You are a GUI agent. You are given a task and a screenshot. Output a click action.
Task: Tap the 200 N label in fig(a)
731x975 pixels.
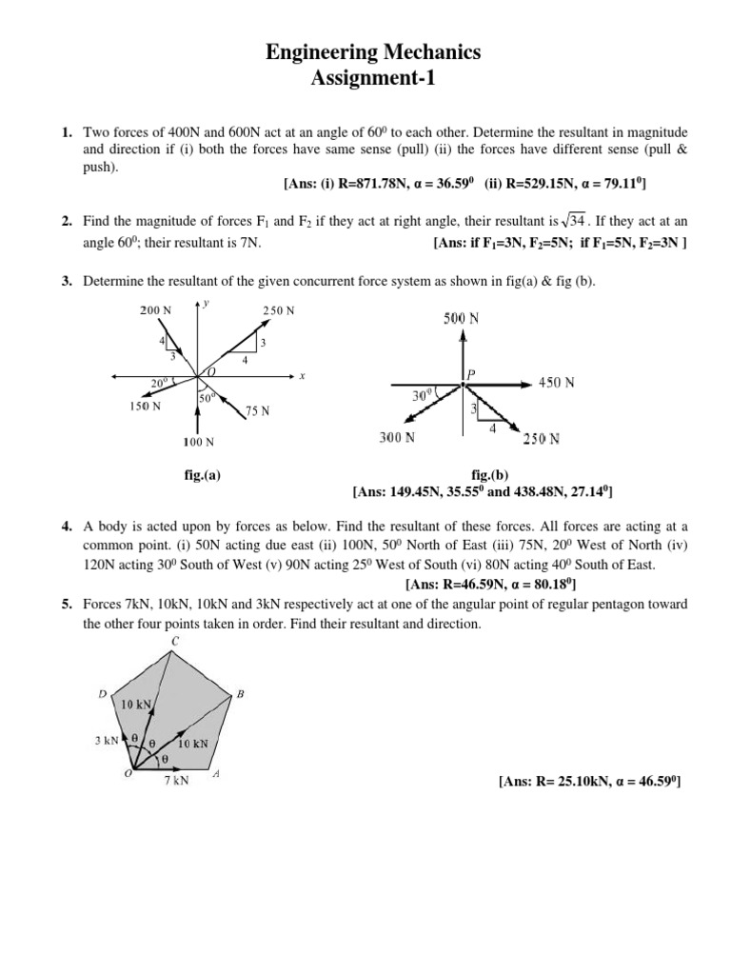[156, 310]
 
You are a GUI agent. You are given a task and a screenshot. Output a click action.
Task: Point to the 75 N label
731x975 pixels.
[257, 411]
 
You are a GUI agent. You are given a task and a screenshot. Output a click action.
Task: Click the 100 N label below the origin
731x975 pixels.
[198, 442]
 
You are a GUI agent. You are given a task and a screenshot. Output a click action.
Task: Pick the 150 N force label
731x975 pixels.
[145, 406]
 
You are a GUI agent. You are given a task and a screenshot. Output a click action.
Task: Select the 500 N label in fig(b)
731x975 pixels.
[461, 319]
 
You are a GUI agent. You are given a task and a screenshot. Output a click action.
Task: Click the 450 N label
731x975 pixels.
[557, 383]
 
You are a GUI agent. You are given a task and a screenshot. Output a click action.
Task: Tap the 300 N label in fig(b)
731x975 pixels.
[397, 438]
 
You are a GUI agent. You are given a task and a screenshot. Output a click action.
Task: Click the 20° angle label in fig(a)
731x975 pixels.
[159, 384]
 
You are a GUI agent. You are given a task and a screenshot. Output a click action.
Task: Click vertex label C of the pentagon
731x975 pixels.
[174, 641]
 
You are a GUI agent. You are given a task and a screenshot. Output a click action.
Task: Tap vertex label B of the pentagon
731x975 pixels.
[240, 694]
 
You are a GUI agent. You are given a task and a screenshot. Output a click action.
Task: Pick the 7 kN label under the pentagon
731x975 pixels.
[176, 781]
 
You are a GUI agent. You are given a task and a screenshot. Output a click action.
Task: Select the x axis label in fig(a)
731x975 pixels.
[302, 376]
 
